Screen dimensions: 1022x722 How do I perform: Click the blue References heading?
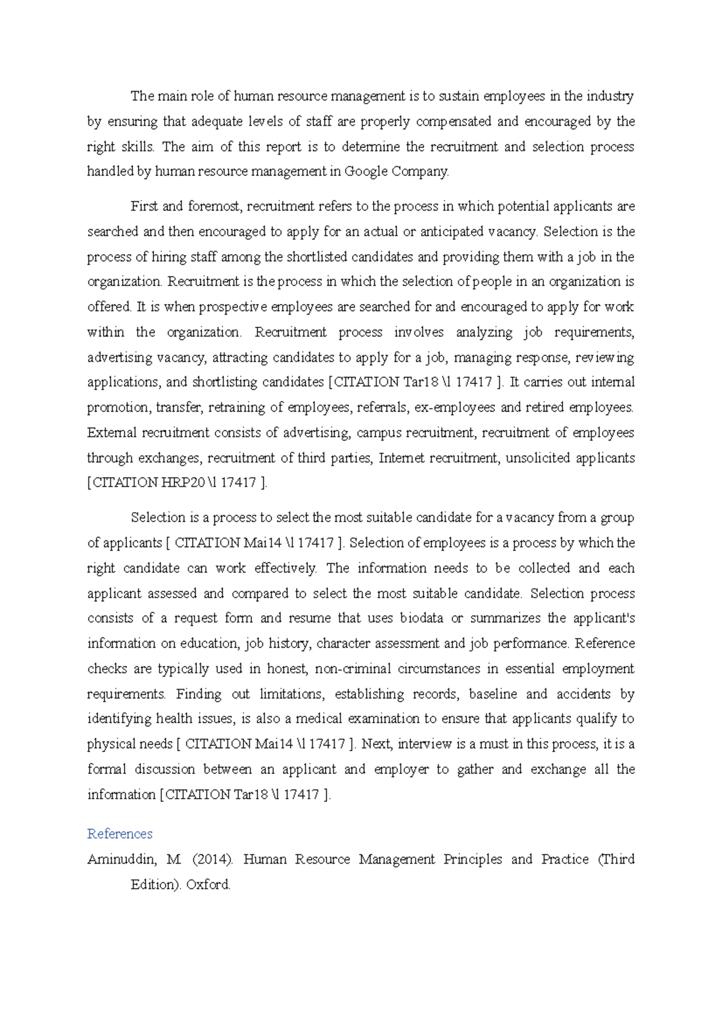tap(120, 834)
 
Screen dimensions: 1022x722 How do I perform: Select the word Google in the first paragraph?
tap(366, 172)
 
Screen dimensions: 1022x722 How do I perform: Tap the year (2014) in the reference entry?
tap(213, 859)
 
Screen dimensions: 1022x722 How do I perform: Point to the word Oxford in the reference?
tap(208, 885)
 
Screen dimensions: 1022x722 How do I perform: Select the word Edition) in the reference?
tap(155, 885)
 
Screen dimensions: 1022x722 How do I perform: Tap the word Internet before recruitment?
tap(402, 458)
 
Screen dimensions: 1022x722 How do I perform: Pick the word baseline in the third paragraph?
tap(493, 694)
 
